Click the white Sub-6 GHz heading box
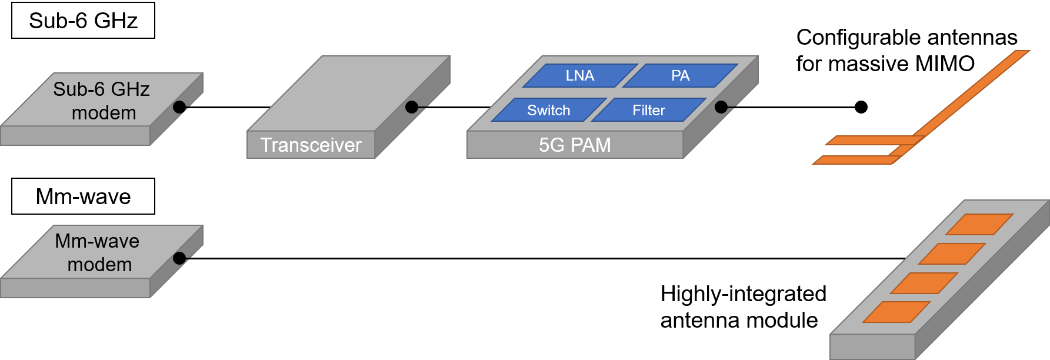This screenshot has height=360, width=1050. click(83, 21)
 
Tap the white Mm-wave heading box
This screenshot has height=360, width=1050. click(83, 196)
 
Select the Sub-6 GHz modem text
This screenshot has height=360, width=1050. click(102, 101)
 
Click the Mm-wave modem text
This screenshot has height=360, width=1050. click(98, 252)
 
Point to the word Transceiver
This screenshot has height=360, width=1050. click(311, 145)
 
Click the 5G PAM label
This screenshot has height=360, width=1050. click(575, 145)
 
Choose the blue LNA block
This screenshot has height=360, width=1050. click(580, 75)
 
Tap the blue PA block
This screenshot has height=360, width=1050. click(680, 75)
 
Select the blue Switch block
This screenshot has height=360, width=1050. click(548, 110)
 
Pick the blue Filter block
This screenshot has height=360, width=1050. click(648, 110)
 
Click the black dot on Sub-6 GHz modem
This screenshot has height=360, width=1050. click(179, 107)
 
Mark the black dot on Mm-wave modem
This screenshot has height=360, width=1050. click(179, 258)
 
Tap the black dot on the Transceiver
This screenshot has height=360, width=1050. click(412, 107)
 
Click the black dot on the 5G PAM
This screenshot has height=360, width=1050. click(721, 107)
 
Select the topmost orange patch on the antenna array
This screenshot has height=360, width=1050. click(979, 224)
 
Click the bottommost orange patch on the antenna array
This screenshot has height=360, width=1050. click(896, 312)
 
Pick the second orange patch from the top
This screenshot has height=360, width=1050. click(952, 254)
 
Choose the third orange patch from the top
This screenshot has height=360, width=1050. click(924, 283)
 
